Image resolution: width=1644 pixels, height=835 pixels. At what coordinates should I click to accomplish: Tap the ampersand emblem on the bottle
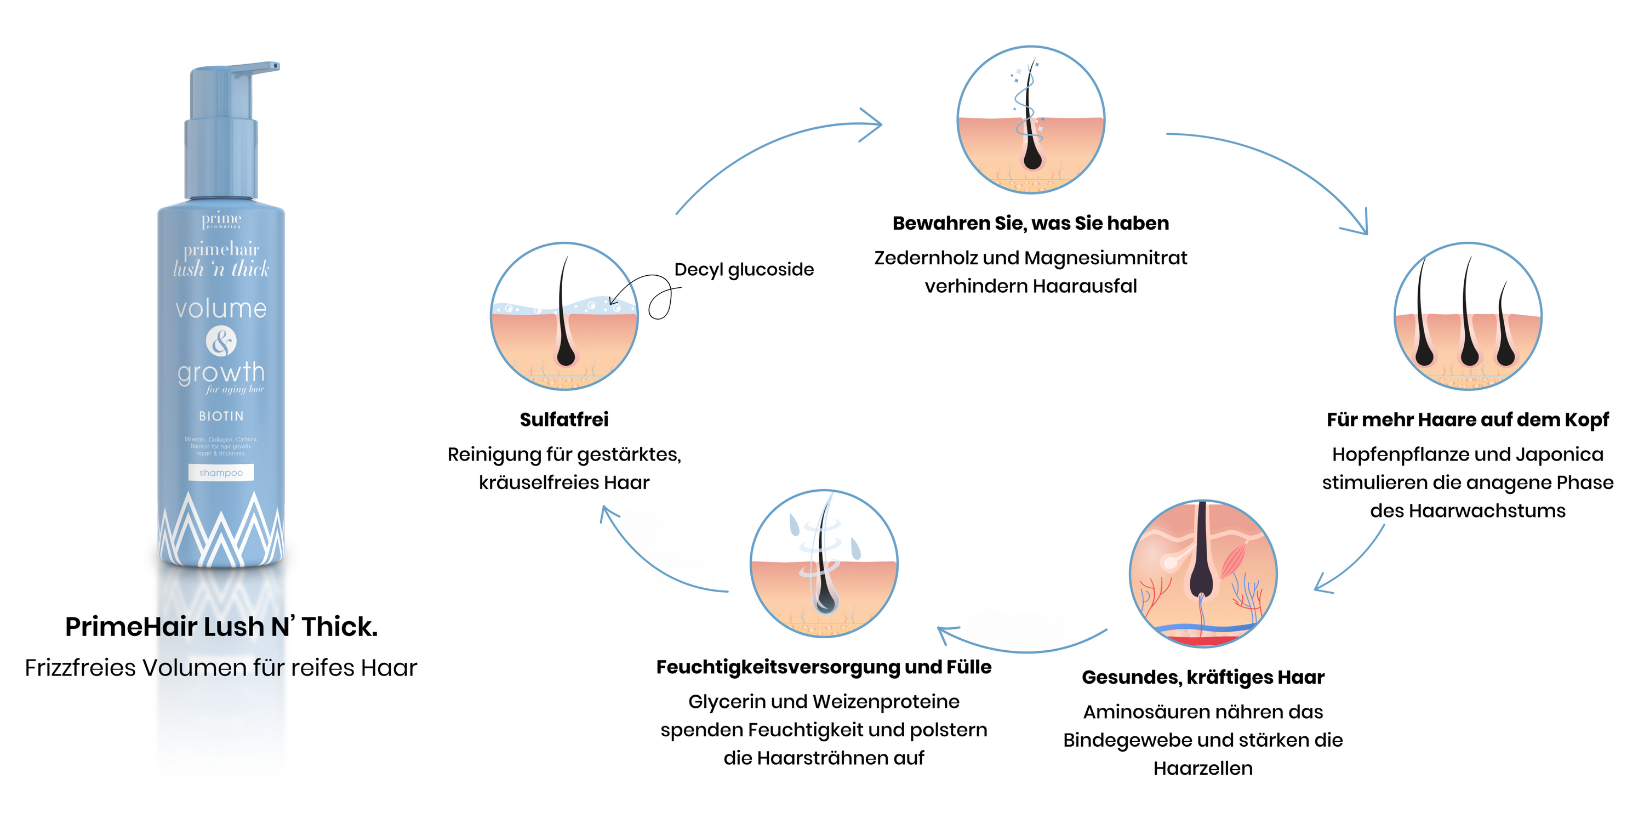221,342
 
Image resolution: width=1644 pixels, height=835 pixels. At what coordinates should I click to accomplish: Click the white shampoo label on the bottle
221,473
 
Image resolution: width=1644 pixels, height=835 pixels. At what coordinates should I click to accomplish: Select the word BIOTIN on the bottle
221,416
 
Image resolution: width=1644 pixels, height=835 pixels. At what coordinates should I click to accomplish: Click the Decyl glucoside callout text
744,269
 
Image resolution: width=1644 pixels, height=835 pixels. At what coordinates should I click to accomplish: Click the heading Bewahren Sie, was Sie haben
1030,224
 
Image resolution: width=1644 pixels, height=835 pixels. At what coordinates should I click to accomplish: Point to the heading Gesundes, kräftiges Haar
1202,677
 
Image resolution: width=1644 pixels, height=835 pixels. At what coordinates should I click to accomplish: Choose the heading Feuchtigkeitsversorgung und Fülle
823,667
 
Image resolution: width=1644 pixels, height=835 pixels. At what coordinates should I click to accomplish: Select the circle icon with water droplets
823,563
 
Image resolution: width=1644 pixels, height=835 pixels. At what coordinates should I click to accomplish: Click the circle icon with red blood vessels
1202,573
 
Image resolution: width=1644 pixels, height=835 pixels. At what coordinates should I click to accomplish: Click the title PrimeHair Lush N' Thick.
221,627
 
